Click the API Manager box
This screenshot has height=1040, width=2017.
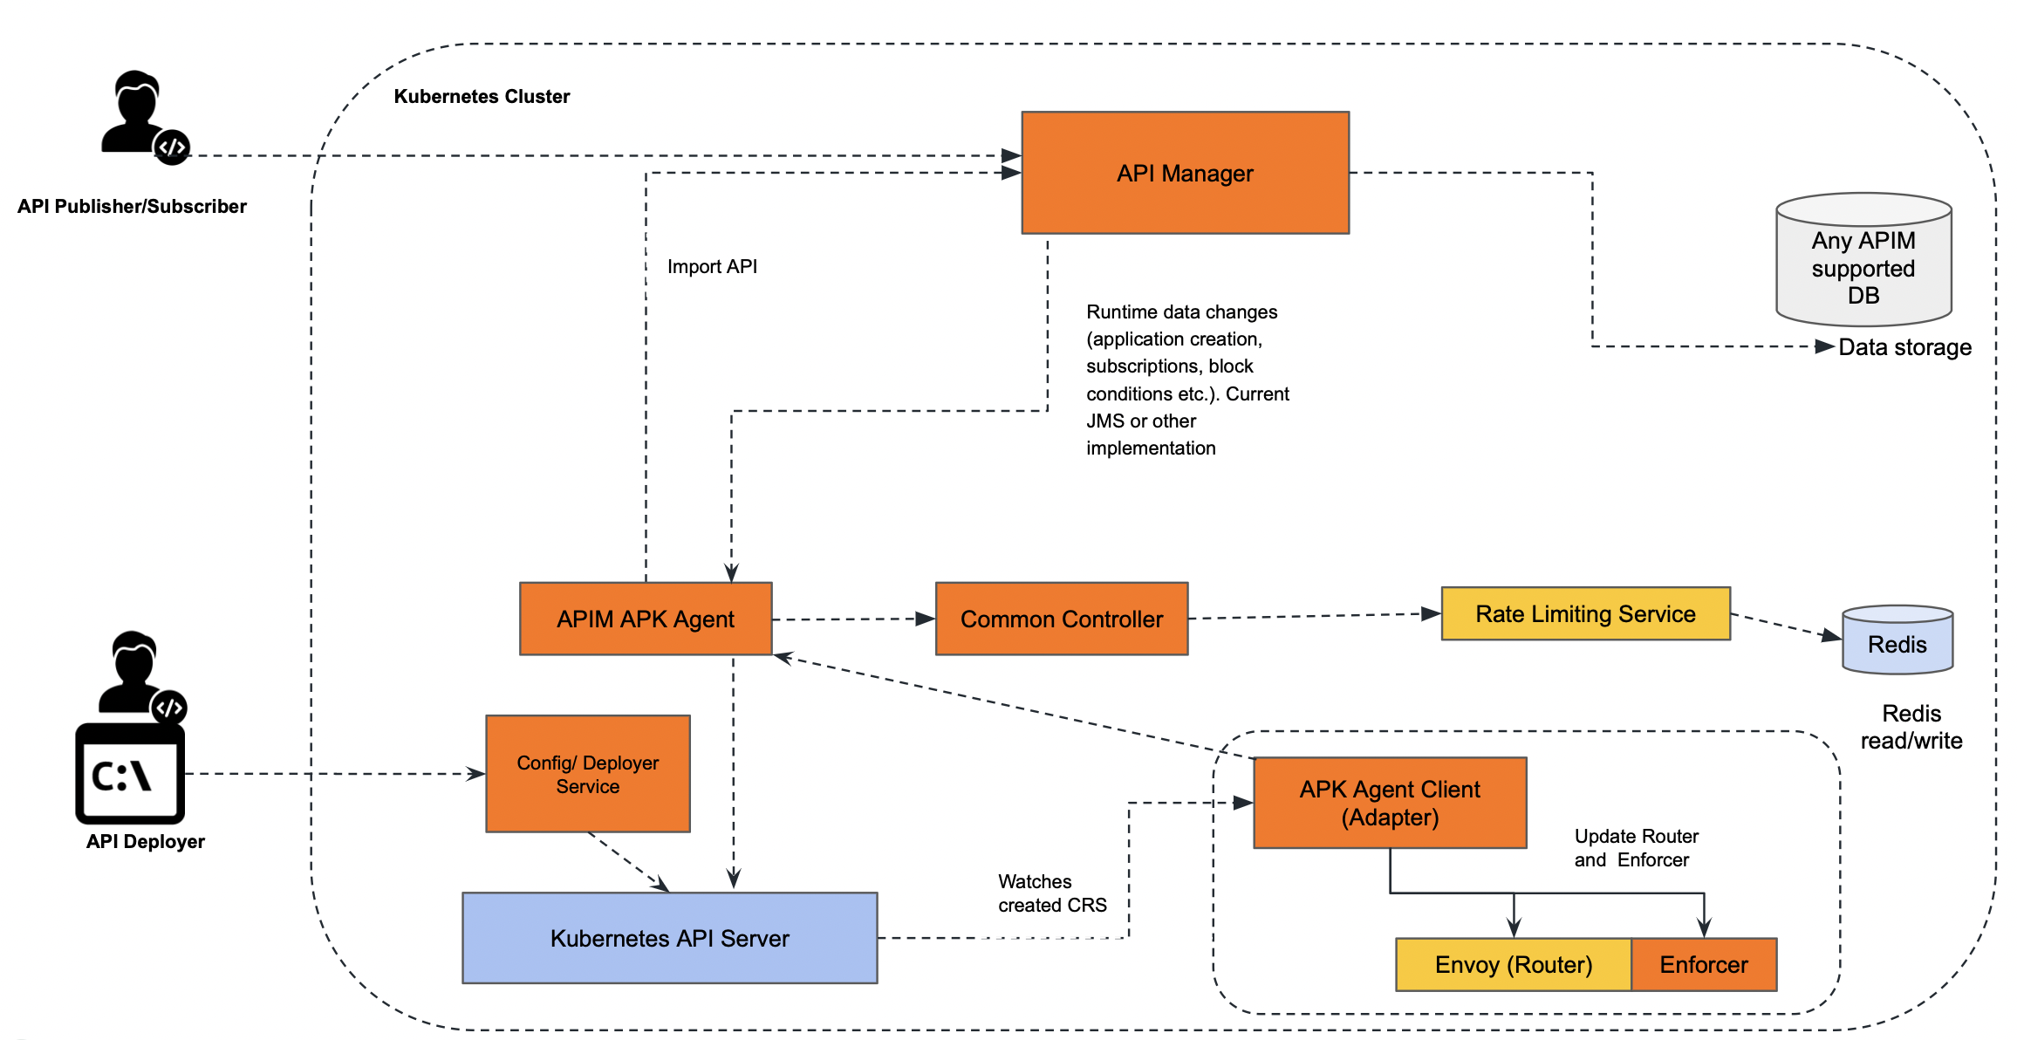pos(1185,173)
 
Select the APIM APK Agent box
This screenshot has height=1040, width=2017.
pos(646,619)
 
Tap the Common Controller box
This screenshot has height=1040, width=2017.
pos(1061,619)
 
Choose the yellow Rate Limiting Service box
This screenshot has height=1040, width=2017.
pos(1584,613)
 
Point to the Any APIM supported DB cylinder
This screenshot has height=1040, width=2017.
pos(1863,261)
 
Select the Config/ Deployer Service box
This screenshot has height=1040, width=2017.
pos(587,774)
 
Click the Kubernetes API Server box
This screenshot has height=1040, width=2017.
pos(669,938)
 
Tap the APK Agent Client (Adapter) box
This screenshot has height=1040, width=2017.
pos(1389,803)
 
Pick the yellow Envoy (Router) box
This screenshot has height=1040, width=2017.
pos(1513,964)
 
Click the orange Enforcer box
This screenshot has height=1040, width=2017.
pos(1703,964)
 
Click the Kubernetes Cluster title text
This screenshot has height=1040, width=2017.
pos(482,96)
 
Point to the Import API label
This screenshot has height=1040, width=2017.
pos(712,266)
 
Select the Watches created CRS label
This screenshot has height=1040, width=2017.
pos(1051,893)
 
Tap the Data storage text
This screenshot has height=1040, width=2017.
pos(1904,347)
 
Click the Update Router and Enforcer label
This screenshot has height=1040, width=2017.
pos(1636,848)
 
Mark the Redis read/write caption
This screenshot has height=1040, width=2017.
pos(1911,727)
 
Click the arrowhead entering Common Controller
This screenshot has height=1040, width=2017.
pos(926,619)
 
